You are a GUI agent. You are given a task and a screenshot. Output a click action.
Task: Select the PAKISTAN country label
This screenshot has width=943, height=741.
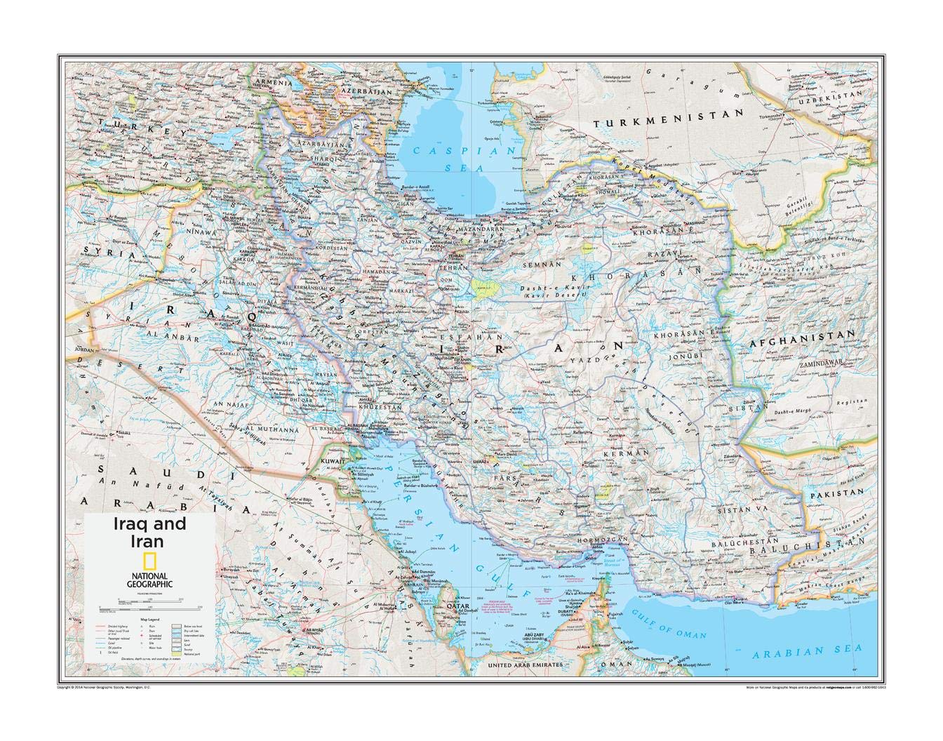pos(836,493)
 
